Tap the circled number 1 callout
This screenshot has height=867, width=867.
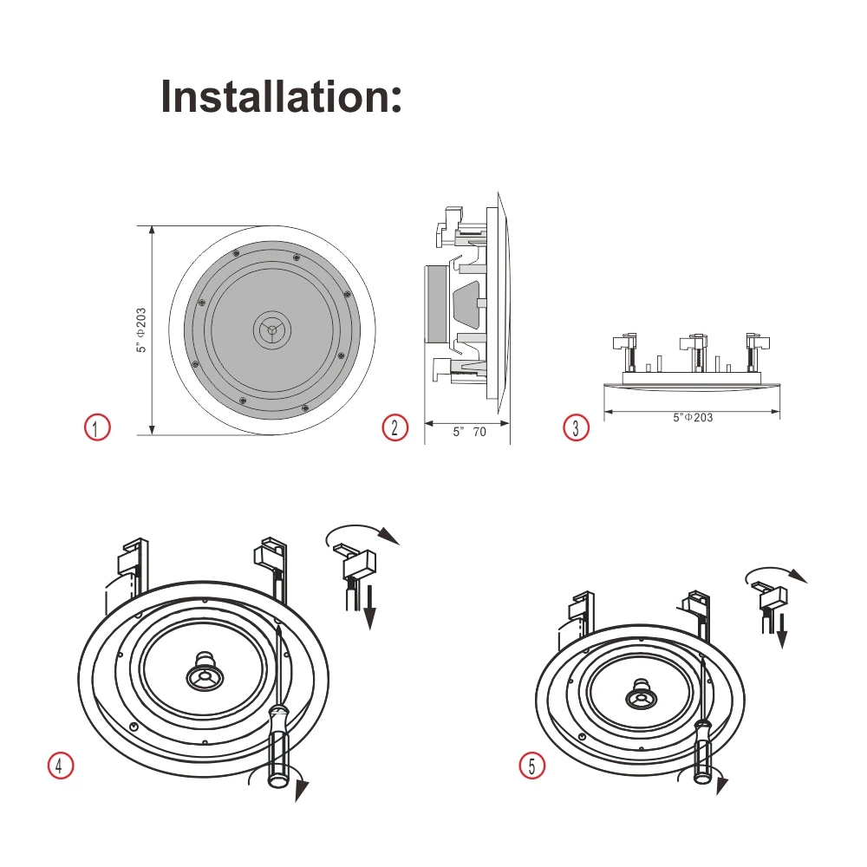pyautogui.click(x=97, y=427)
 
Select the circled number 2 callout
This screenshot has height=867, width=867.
pyautogui.click(x=395, y=427)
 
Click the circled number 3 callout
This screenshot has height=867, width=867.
pyautogui.click(x=576, y=427)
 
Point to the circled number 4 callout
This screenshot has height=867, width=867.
pyautogui.click(x=60, y=766)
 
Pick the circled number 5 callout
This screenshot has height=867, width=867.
pyautogui.click(x=532, y=766)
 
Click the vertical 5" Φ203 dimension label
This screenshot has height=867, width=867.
pyautogui.click(x=140, y=330)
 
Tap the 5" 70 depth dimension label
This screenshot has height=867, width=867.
pyautogui.click(x=469, y=432)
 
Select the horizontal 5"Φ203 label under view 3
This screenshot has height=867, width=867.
pyautogui.click(x=693, y=417)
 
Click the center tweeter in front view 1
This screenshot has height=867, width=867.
pyautogui.click(x=272, y=329)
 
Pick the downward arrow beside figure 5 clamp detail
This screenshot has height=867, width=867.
pyautogui.click(x=781, y=631)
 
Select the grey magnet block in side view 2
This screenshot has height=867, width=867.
pyautogui.click(x=436, y=303)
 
